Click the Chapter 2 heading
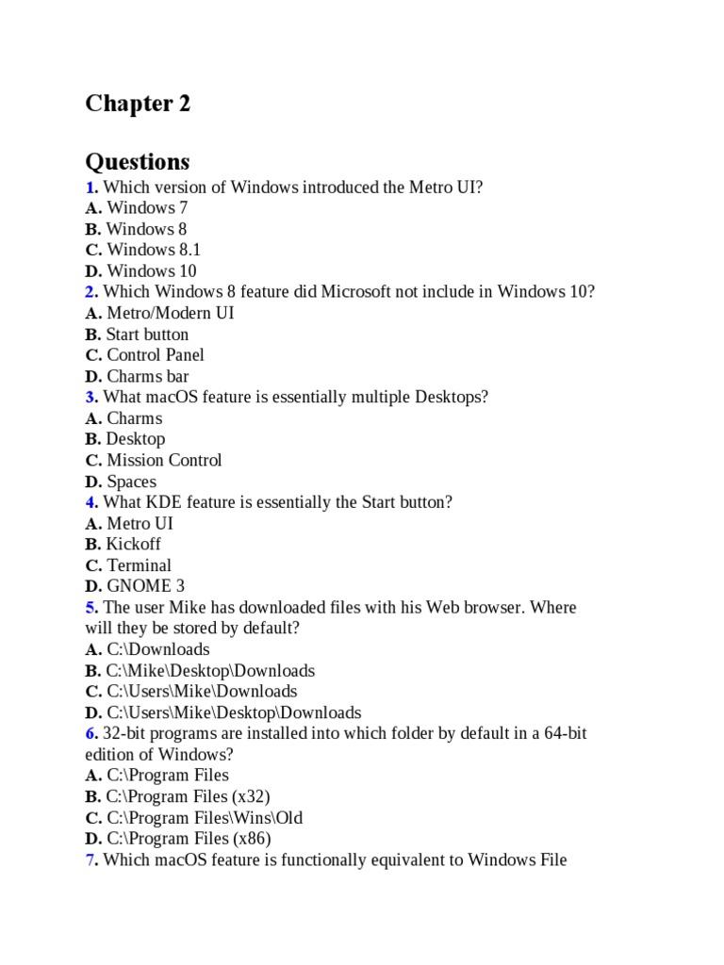coord(138,104)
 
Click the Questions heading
coord(138,161)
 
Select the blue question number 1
coord(90,187)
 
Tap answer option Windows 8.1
coord(153,250)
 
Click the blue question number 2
coord(90,292)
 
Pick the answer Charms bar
coord(147,376)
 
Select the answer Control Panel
coord(155,355)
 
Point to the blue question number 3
coord(90,398)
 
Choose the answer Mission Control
coord(164,461)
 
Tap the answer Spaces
coord(131,482)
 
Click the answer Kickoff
coord(133,545)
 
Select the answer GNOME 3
coord(145,586)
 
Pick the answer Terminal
coord(139,565)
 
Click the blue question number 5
coord(90,608)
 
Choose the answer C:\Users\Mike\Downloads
coord(201,692)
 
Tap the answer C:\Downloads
coord(157,649)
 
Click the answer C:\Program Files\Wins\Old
coord(204,818)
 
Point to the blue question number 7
coord(90,860)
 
